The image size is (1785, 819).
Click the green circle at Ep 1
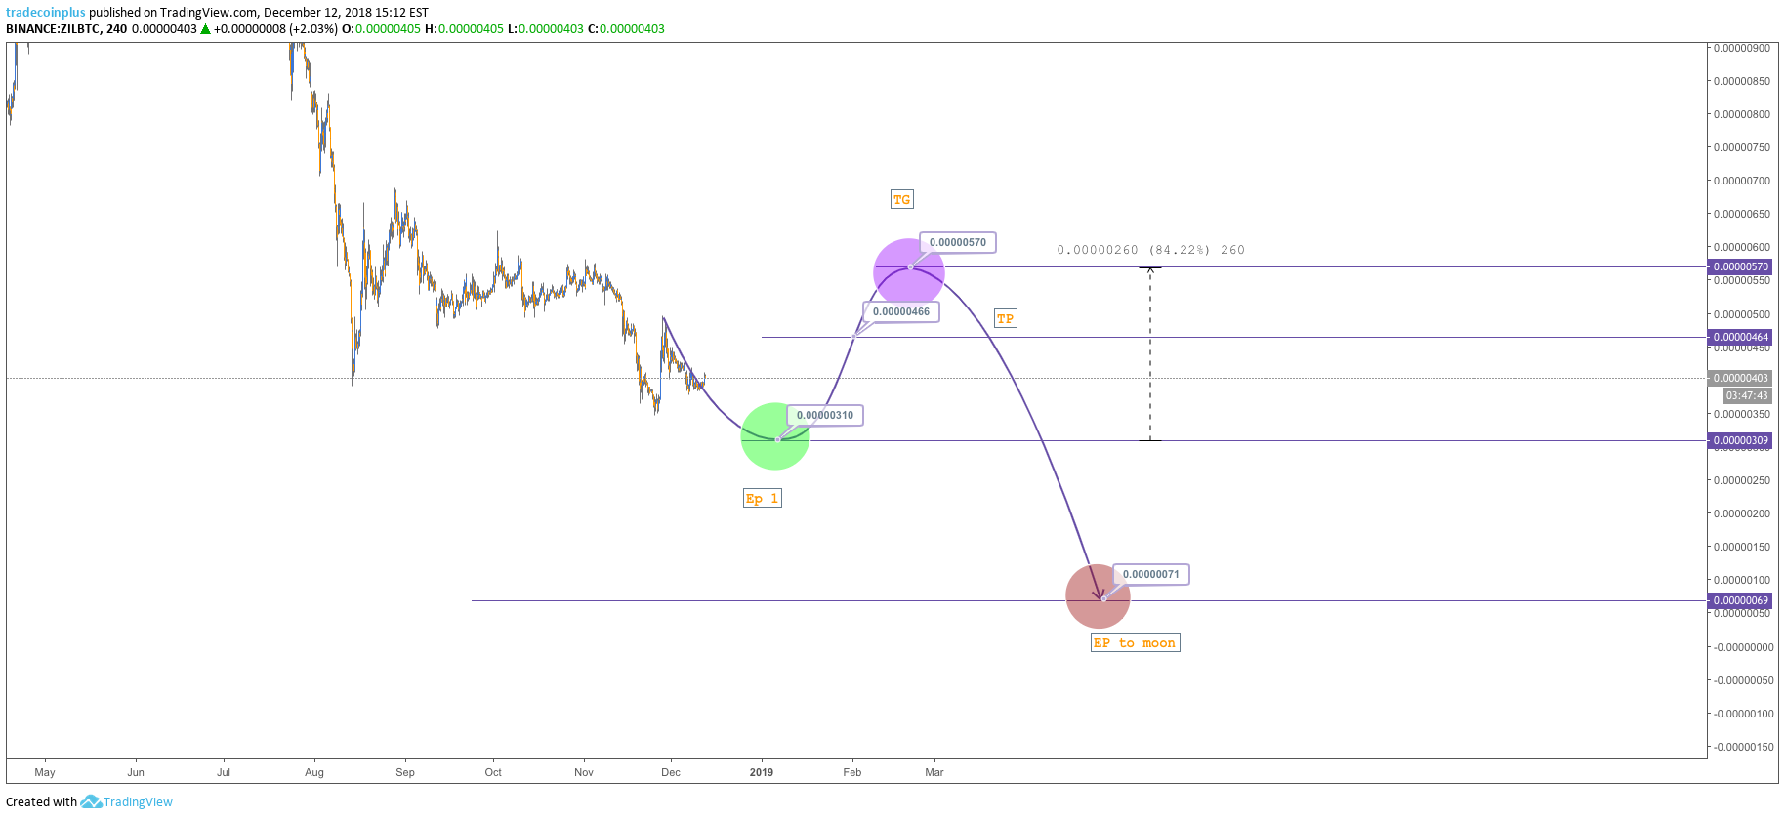774,436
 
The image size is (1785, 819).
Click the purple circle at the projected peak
908,271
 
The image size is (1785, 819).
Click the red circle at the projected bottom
1098,596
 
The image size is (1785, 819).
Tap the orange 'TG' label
901,200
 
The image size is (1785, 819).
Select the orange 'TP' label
1005,319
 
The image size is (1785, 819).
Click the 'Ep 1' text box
762,499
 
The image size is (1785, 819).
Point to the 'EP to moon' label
1135,643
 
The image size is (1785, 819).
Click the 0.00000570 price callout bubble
958,243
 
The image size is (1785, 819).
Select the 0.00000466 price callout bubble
901,312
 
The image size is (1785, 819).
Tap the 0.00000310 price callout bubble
825,416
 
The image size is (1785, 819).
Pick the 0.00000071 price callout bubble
1151,575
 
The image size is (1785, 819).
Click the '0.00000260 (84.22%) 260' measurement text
1150,251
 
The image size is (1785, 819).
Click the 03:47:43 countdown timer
1746,396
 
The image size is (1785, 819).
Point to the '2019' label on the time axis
762,773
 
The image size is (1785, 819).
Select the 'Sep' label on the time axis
405,773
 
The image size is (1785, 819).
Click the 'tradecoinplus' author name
46,13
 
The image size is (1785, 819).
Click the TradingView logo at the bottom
127,802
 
